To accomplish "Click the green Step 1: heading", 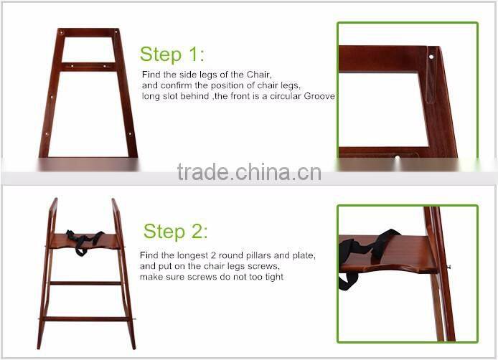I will [172, 54].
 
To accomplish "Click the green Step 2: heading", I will [175, 231].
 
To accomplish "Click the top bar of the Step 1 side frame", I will [88, 32].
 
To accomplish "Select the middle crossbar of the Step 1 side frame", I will [88, 67].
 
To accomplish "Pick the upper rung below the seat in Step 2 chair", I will [85, 283].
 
